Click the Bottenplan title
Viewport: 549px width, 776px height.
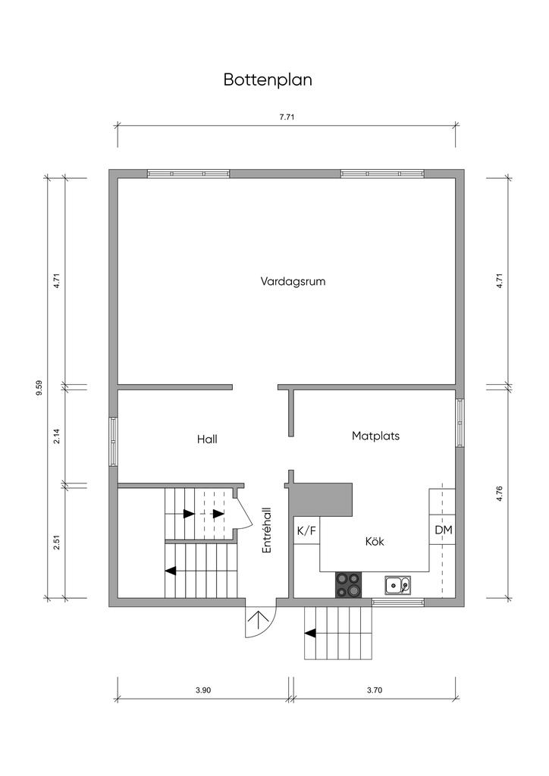click(268, 80)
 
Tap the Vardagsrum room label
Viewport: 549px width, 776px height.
click(293, 282)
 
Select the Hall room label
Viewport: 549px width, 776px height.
click(207, 439)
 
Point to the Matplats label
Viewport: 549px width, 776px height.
click(376, 436)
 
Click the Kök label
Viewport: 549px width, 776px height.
click(375, 541)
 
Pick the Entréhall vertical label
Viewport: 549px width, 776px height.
click(268, 530)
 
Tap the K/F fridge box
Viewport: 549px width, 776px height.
click(306, 531)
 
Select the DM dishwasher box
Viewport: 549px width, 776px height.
click(443, 530)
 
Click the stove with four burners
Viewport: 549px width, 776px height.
click(349, 584)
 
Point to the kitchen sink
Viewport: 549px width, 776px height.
click(397, 586)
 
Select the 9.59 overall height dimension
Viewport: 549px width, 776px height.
click(39, 387)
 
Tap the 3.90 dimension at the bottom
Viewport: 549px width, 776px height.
click(203, 690)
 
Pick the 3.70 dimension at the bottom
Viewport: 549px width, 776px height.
click(375, 690)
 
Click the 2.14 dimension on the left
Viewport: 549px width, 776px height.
click(56, 436)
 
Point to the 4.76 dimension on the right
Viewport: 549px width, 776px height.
click(499, 494)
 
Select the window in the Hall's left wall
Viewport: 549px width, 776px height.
click(114, 442)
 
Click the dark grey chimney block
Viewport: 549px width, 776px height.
click(321, 498)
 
